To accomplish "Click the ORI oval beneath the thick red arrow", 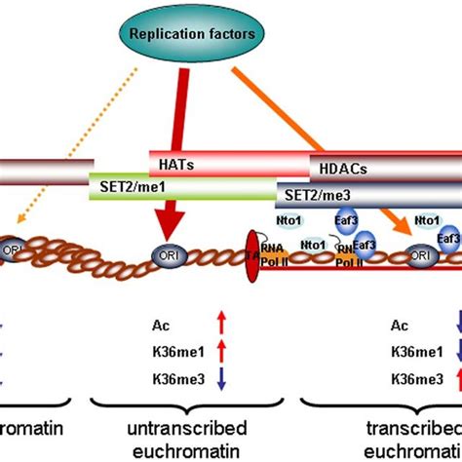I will coord(164,257).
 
